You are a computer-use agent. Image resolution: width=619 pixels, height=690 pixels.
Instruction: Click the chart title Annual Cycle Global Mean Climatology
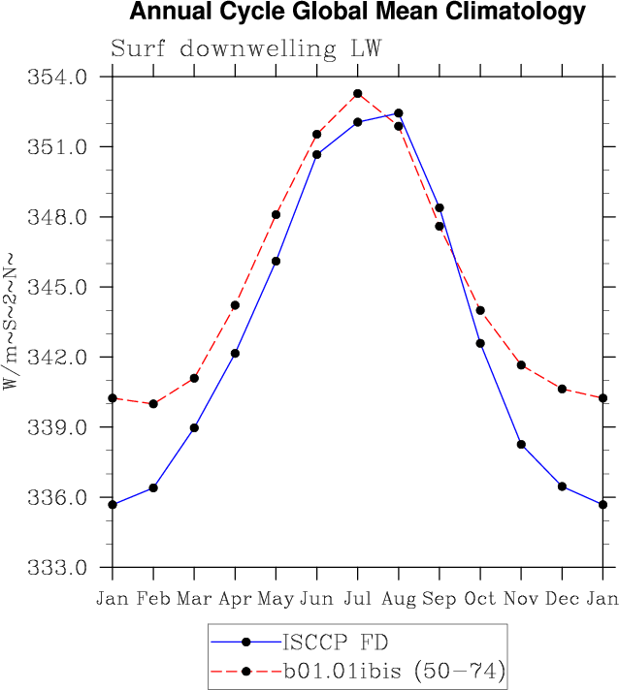point(357,13)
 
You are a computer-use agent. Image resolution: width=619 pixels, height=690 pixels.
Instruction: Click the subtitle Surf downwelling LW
point(245,48)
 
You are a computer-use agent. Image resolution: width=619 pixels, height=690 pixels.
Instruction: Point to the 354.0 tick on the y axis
point(61,77)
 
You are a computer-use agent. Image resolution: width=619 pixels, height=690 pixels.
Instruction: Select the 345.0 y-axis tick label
point(61,288)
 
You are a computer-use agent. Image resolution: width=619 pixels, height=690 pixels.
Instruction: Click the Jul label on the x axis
point(357,599)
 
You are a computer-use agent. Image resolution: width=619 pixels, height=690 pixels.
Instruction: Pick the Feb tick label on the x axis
point(153,599)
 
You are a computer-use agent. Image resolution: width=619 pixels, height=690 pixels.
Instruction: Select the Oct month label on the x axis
point(480,599)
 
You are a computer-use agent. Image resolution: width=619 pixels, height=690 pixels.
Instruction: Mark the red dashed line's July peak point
point(358,93)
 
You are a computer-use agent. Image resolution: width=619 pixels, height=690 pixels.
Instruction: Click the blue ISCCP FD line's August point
point(399,113)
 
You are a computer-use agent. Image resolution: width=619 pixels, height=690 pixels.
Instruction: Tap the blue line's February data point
point(153,487)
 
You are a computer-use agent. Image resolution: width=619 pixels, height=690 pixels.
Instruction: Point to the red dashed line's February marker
point(153,403)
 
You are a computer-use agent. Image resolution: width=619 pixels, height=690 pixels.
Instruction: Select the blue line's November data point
point(521,444)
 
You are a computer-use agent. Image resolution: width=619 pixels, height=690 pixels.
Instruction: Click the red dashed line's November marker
point(521,364)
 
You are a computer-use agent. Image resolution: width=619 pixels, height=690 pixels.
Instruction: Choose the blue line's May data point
point(277,261)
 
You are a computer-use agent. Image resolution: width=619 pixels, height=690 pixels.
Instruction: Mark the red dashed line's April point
point(235,305)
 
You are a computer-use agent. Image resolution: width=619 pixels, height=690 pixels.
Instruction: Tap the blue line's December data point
point(562,486)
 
